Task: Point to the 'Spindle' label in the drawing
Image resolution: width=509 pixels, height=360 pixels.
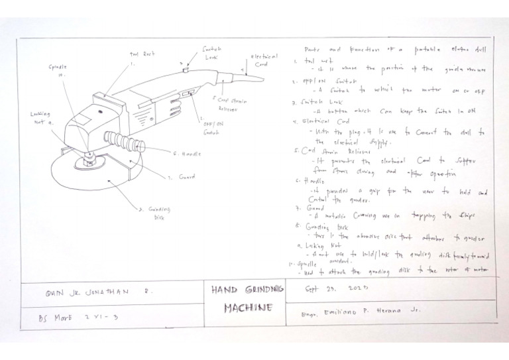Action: coord(58,70)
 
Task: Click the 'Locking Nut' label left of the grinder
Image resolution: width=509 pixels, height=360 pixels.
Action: coord(41,117)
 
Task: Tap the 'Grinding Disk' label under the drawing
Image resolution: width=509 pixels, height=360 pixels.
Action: coord(154,211)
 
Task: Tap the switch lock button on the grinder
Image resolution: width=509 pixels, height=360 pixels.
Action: coord(186,68)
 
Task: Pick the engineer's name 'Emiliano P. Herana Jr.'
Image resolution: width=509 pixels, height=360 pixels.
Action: coord(361,310)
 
